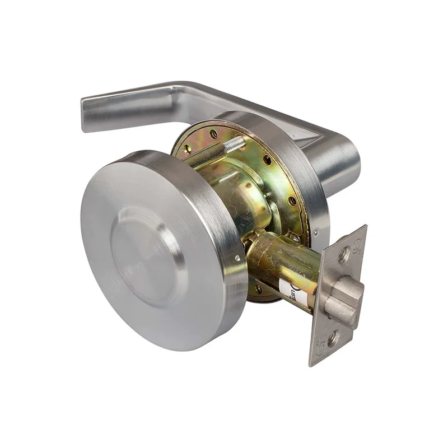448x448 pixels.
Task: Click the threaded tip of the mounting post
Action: point(236,143)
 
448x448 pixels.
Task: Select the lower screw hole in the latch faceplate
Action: point(333,338)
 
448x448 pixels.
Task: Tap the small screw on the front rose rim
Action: point(237,258)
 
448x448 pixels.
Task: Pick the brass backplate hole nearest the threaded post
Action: point(214,134)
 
